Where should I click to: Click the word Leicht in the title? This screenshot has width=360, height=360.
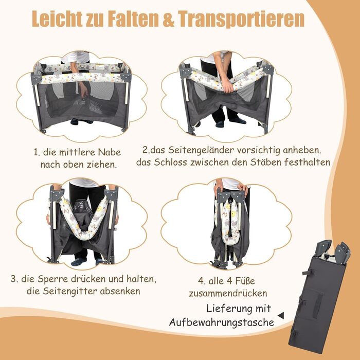coord(57,19)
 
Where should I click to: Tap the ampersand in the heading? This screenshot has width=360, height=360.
coord(168,19)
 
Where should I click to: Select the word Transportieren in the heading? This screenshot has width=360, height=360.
coord(241,19)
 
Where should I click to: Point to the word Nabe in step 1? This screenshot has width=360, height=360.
coord(109,152)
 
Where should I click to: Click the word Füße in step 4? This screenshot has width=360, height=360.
coord(246,281)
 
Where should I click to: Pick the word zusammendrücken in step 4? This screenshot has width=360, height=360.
coord(228,293)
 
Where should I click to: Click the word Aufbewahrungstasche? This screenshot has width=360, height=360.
coord(222,322)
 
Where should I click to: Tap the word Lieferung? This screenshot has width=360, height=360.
coord(227,309)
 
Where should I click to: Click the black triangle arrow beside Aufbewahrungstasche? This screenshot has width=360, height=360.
coord(281,315)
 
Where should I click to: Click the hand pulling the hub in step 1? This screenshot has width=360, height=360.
coord(84,90)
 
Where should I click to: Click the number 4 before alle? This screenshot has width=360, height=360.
coord(200,281)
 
